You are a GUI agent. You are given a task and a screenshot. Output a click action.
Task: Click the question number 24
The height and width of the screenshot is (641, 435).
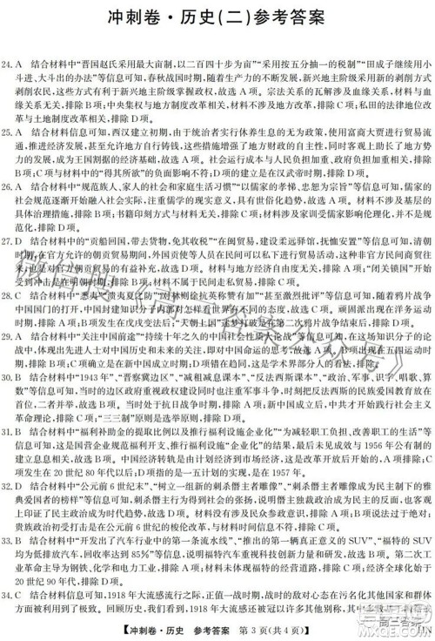tap(9, 64)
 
